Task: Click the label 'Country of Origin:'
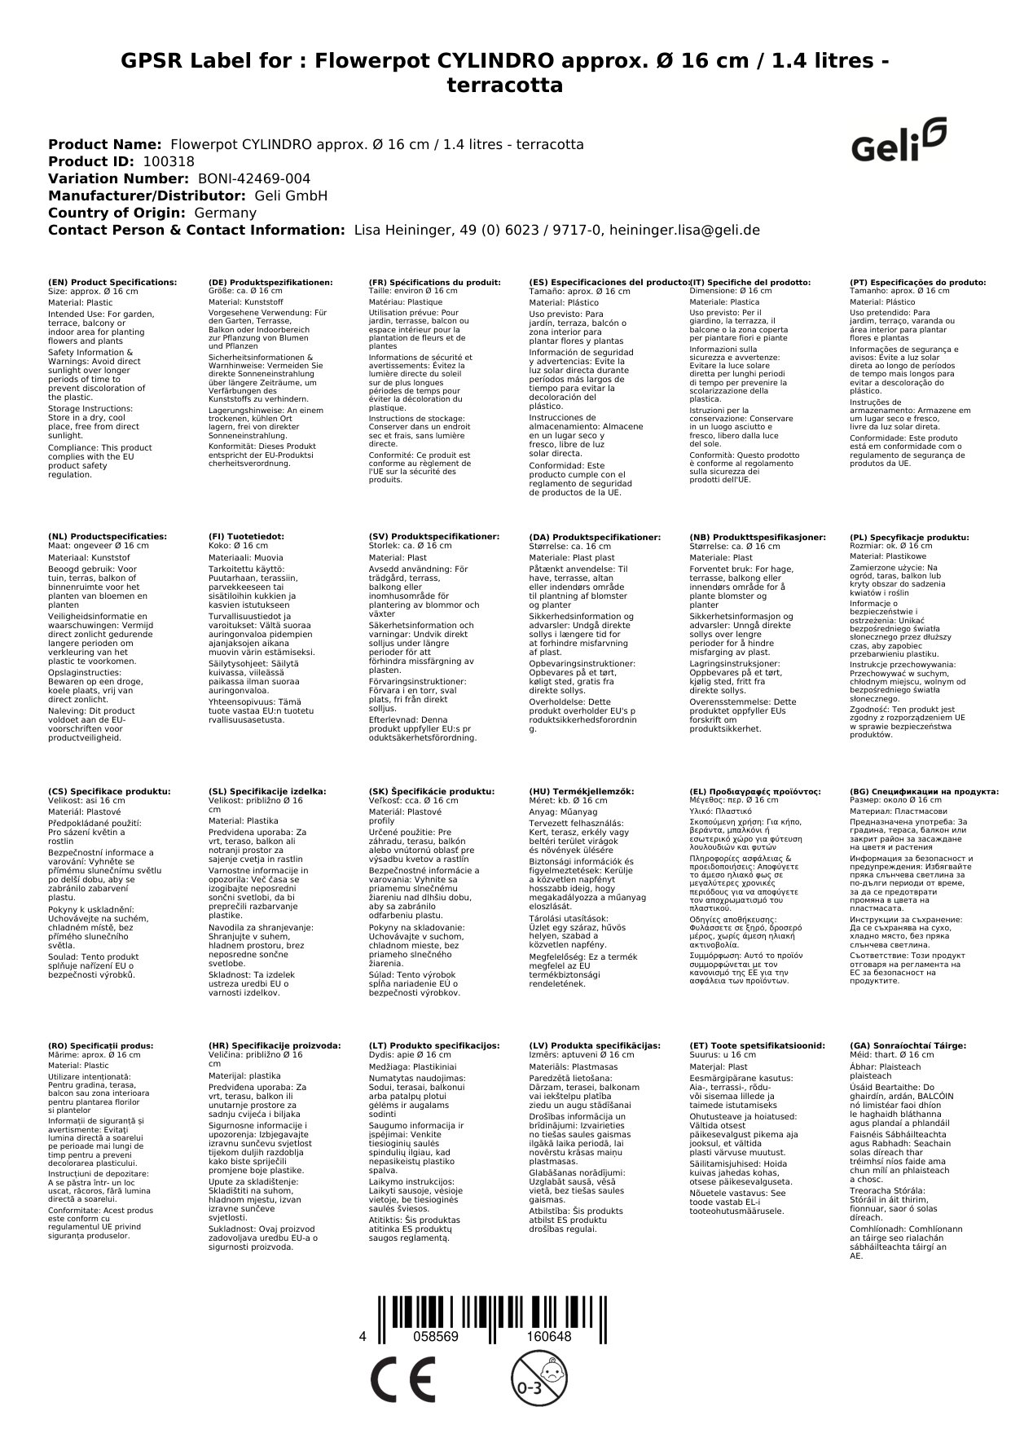[x=117, y=213]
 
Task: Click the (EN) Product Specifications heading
[x=112, y=282]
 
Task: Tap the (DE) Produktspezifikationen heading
[x=270, y=282]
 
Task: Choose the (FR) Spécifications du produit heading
[x=434, y=282]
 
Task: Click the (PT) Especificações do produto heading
[x=917, y=282]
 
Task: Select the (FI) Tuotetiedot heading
[x=246, y=537]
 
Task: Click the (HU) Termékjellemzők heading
[x=581, y=791]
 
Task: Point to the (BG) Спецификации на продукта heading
[x=924, y=791]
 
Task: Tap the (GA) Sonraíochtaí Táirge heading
[x=908, y=1045]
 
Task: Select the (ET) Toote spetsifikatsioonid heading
[x=757, y=1045]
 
